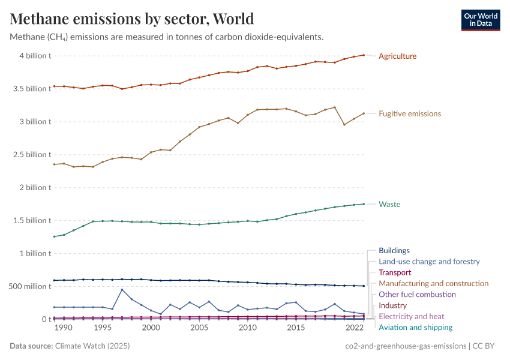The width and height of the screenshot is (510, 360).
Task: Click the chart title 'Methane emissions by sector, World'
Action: pyautogui.click(x=132, y=19)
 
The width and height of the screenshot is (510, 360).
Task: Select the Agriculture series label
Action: pyautogui.click(x=397, y=56)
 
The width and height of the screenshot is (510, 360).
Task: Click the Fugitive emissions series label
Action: pyautogui.click(x=409, y=113)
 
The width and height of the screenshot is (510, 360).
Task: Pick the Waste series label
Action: pyautogui.click(x=389, y=204)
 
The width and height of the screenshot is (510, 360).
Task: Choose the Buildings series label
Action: pyautogui.click(x=394, y=251)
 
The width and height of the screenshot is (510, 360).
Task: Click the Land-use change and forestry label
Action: pyautogui.click(x=429, y=262)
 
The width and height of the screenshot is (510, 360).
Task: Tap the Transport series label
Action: pyautogui.click(x=395, y=272)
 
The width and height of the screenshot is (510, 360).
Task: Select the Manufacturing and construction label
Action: pyautogui.click(x=433, y=283)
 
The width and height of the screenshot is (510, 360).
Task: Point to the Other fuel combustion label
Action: pyautogui.click(x=417, y=295)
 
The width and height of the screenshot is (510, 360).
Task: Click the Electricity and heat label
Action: pyautogui.click(x=411, y=316)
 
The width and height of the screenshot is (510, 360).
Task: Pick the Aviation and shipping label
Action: pyautogui.click(x=415, y=328)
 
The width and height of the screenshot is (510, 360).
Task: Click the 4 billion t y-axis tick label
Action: pyautogui.click(x=35, y=56)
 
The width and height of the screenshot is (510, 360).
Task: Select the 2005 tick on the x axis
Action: pyautogui.click(x=199, y=328)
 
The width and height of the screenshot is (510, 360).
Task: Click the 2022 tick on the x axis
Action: pyautogui.click(x=354, y=328)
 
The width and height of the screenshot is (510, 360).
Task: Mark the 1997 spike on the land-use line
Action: pyautogui.click(x=122, y=290)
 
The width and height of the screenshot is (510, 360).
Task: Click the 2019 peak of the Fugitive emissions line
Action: pyautogui.click(x=334, y=107)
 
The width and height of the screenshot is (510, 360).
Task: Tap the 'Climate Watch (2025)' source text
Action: pyautogui.click(x=92, y=346)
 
